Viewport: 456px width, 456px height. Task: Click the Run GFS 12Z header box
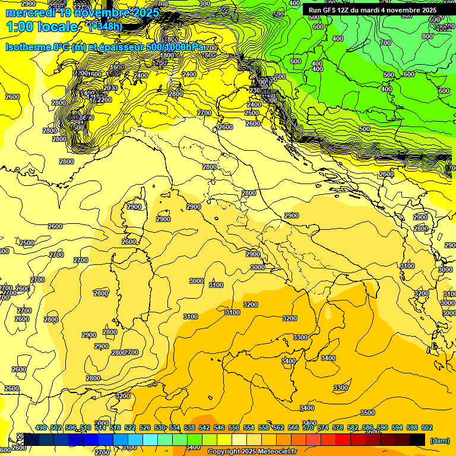point(372,10)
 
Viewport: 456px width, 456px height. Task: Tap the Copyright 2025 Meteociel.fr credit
point(252,452)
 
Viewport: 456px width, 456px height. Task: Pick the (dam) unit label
point(439,440)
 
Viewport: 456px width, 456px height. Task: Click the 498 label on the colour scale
point(41,427)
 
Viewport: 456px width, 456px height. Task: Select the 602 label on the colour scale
point(427,427)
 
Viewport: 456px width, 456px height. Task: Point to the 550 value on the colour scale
point(234,427)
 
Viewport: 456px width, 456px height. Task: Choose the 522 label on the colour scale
point(130,427)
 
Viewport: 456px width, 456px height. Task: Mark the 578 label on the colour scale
point(338,427)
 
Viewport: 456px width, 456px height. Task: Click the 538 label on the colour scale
point(189,427)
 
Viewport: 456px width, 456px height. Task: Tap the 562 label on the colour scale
point(278,427)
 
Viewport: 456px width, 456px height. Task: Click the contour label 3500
point(368,413)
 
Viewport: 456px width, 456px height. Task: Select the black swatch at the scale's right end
point(417,439)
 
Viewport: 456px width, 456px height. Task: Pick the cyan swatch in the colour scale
point(150,439)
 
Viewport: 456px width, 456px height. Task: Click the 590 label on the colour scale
point(382,427)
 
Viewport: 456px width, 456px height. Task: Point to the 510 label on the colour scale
point(85,427)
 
